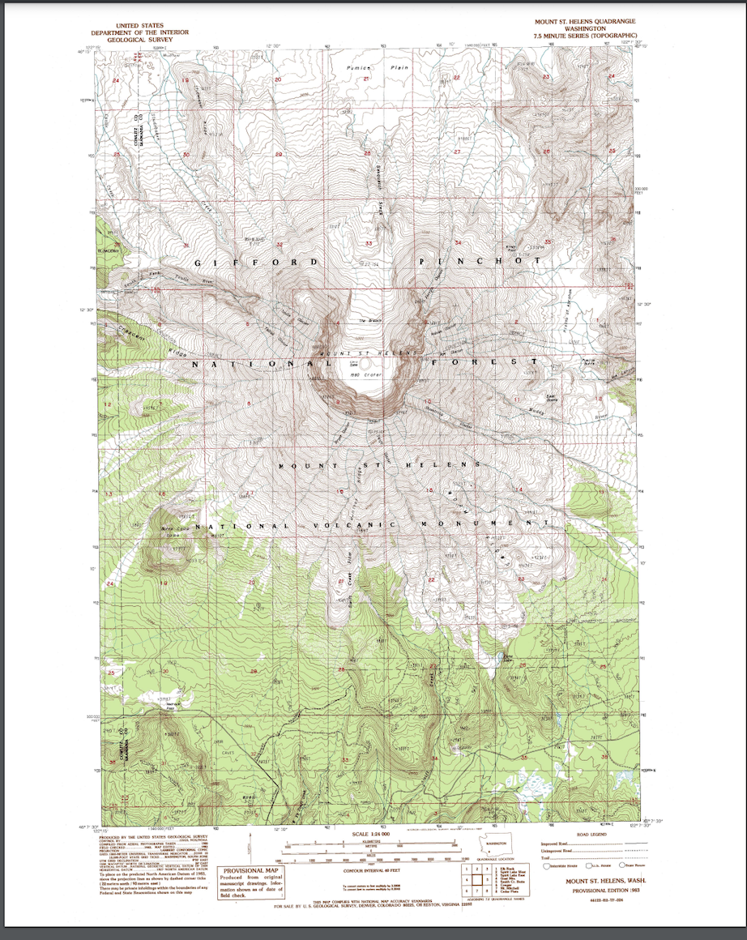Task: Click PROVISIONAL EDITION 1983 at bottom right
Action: [x=605, y=890]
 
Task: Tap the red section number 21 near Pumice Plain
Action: [x=366, y=79]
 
